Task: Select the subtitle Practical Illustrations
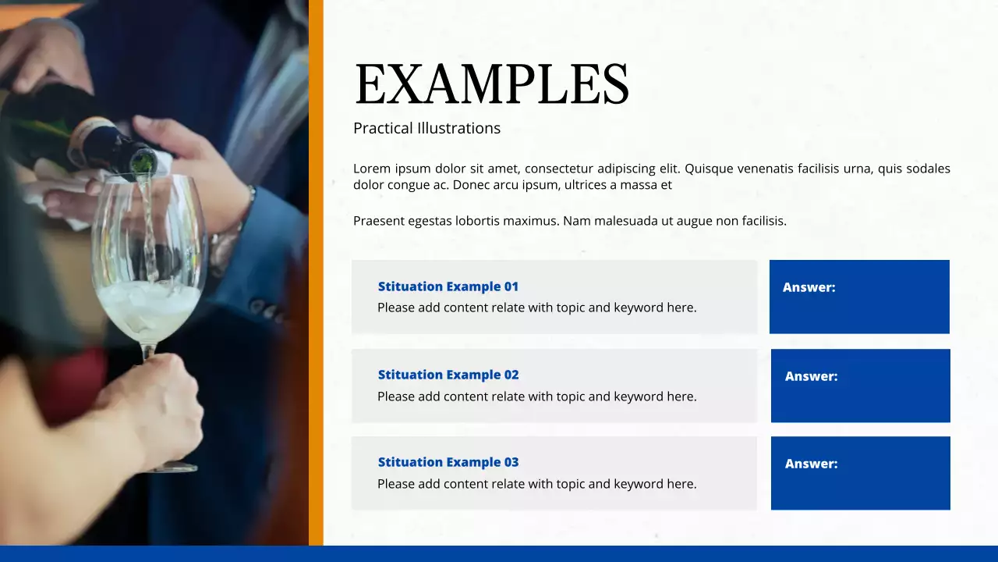426,128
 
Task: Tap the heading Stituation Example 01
448,286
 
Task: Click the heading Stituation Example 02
448,375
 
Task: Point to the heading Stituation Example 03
448,462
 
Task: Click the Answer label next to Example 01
809,287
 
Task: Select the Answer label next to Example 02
811,376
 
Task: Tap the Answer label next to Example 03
811,464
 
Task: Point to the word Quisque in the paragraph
710,169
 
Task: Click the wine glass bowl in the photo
148,258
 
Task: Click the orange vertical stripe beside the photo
316,273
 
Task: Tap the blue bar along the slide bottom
499,553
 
